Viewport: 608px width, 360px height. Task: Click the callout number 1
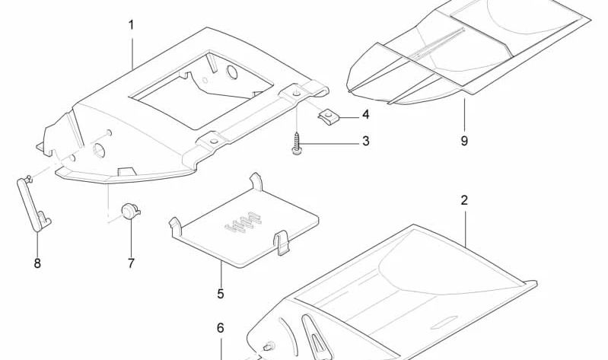131,26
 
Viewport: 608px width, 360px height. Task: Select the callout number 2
464,201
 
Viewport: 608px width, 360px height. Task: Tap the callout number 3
366,142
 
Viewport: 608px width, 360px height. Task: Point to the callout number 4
366,115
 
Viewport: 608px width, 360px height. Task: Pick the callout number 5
221,294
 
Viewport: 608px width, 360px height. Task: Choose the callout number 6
220,328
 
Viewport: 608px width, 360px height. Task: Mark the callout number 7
131,263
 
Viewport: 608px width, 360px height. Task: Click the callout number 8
37,263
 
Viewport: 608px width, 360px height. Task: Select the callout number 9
464,141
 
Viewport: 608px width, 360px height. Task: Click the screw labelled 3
297,144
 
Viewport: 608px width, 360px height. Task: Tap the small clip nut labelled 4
328,117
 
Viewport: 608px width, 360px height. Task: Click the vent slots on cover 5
243,222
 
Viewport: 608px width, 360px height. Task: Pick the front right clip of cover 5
281,244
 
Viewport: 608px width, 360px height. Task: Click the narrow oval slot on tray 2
443,322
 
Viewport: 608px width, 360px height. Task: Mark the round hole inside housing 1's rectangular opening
232,72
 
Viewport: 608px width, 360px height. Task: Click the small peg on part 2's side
268,346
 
